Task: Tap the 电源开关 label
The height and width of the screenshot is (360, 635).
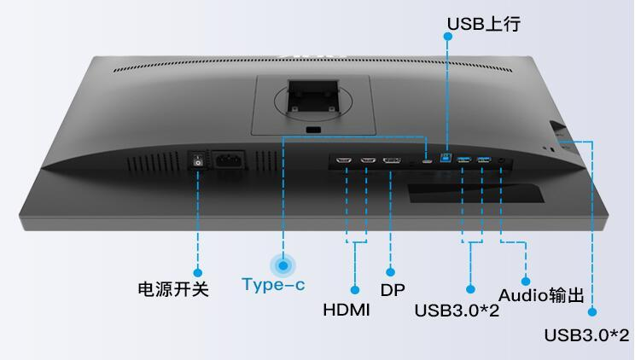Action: pos(173,288)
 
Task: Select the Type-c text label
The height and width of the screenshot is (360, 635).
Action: pos(273,285)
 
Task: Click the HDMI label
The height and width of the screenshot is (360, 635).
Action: pos(347,309)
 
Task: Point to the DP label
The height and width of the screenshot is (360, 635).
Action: pos(393,290)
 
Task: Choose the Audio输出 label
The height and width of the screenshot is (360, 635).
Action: pos(541,296)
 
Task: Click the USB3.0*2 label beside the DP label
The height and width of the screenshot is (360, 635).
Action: pos(457,309)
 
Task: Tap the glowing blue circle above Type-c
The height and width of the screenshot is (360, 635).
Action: pos(283,264)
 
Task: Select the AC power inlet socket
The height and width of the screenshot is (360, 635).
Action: pos(229,161)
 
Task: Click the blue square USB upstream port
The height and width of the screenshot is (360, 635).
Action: pos(446,158)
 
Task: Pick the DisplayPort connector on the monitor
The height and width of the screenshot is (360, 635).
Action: pos(392,160)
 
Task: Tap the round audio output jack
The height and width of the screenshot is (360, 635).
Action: pos(501,159)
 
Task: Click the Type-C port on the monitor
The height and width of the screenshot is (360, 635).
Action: pos(426,160)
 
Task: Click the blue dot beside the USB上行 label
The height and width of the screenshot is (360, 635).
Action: pos(446,36)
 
